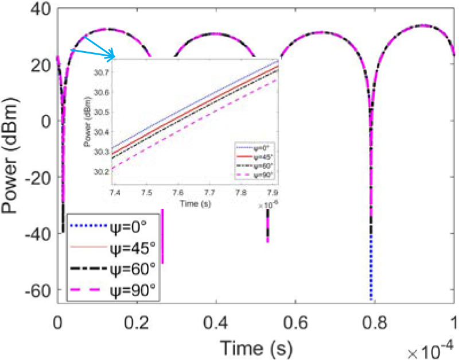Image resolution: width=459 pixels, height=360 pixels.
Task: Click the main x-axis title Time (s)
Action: (256, 347)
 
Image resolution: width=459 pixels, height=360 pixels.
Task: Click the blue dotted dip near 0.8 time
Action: (371, 270)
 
